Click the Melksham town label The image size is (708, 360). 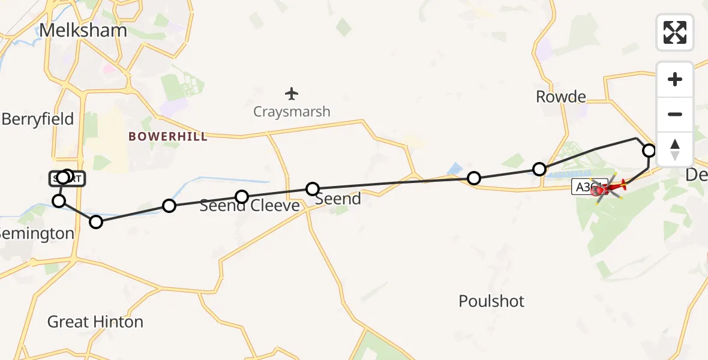(x=83, y=31)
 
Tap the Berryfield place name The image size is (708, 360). (x=37, y=119)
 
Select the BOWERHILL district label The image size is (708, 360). (x=167, y=137)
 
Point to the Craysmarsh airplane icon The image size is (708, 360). (x=292, y=94)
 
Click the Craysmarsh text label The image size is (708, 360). (x=292, y=112)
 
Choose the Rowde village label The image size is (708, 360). (x=560, y=97)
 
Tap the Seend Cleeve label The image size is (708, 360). (x=250, y=206)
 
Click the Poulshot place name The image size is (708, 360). (x=491, y=301)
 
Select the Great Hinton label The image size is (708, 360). (x=95, y=322)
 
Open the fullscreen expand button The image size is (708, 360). (x=674, y=32)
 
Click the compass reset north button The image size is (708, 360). (x=674, y=149)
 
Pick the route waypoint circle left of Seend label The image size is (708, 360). (x=313, y=189)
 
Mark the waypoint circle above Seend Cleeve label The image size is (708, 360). (x=241, y=197)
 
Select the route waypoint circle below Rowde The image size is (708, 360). (x=539, y=169)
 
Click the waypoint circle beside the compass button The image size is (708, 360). (x=649, y=150)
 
